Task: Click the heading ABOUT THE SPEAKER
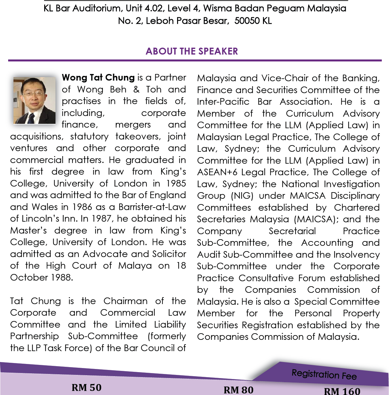click(x=192, y=51)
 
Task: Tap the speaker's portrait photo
click(x=34, y=100)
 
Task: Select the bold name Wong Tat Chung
click(x=98, y=77)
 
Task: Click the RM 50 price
click(x=87, y=387)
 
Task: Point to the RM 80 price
click(x=238, y=390)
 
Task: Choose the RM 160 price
click(x=342, y=391)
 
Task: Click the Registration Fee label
click(x=324, y=374)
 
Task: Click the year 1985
click(x=176, y=183)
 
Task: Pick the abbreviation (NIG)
click(x=242, y=196)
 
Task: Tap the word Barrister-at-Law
click(x=152, y=207)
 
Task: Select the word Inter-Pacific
click(x=223, y=102)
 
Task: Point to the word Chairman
click(x=126, y=301)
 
